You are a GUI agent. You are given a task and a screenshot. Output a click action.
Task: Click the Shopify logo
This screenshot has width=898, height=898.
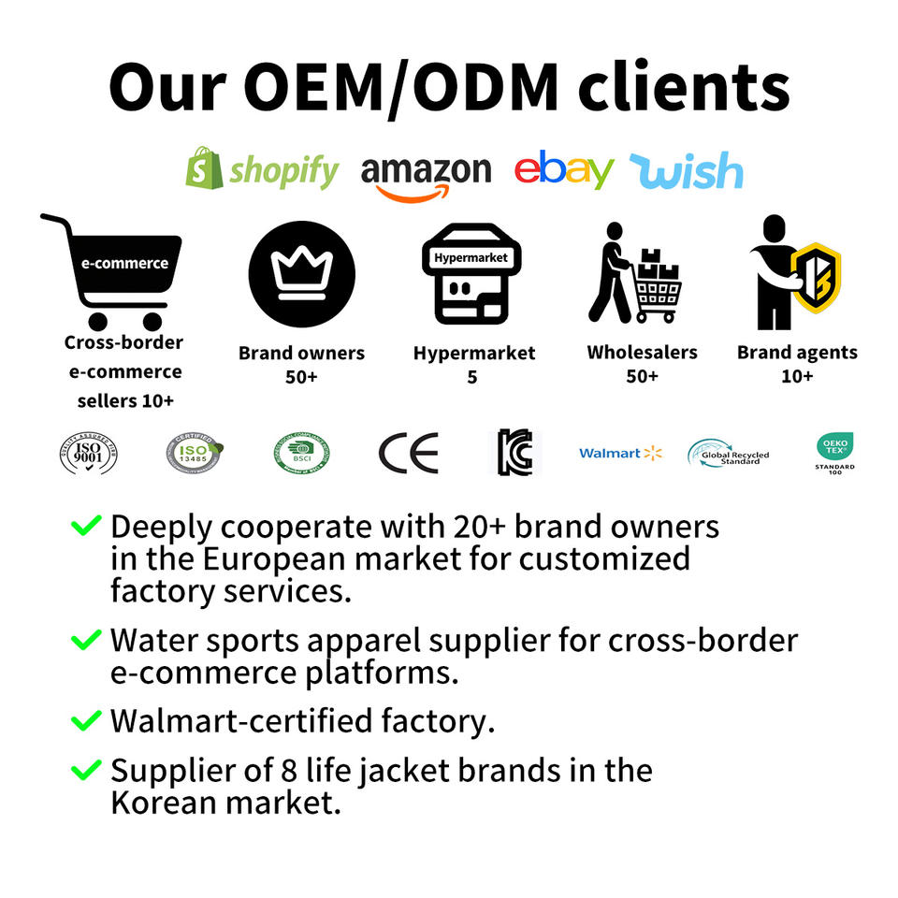pyautogui.click(x=262, y=170)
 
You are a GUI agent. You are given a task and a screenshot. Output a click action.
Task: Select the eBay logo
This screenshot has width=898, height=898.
pyautogui.click(x=564, y=169)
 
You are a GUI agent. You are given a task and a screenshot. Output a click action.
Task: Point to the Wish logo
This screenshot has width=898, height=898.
pyautogui.click(x=686, y=171)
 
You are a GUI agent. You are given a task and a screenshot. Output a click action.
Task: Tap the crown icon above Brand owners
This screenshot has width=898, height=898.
pyautogui.click(x=301, y=274)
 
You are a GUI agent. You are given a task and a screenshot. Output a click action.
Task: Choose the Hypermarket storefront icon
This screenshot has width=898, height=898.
pyautogui.click(x=471, y=275)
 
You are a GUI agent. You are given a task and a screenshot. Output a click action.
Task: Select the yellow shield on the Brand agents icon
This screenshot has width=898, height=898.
pyautogui.click(x=816, y=278)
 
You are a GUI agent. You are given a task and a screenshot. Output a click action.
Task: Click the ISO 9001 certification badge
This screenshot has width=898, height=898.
pyautogui.click(x=89, y=454)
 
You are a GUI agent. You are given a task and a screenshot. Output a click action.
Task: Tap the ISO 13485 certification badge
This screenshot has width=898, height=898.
pyautogui.click(x=195, y=454)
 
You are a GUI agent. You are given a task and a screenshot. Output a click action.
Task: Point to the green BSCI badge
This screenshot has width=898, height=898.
pyautogui.click(x=301, y=454)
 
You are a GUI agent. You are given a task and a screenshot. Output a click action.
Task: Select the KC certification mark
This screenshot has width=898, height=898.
pyautogui.click(x=514, y=453)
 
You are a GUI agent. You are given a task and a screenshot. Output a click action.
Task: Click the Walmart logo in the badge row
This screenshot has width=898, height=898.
pyautogui.click(x=620, y=454)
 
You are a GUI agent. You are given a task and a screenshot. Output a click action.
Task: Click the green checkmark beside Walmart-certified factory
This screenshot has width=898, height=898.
pyautogui.click(x=86, y=721)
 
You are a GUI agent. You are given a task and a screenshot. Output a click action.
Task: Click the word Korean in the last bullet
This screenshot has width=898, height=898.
pyautogui.click(x=168, y=803)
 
